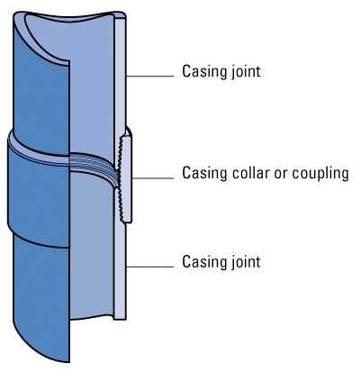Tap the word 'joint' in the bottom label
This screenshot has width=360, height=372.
point(245,262)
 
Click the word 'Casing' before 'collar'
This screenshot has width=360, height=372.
point(204,172)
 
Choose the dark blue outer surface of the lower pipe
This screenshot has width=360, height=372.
point(40,288)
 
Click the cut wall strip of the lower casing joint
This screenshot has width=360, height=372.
point(120,270)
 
